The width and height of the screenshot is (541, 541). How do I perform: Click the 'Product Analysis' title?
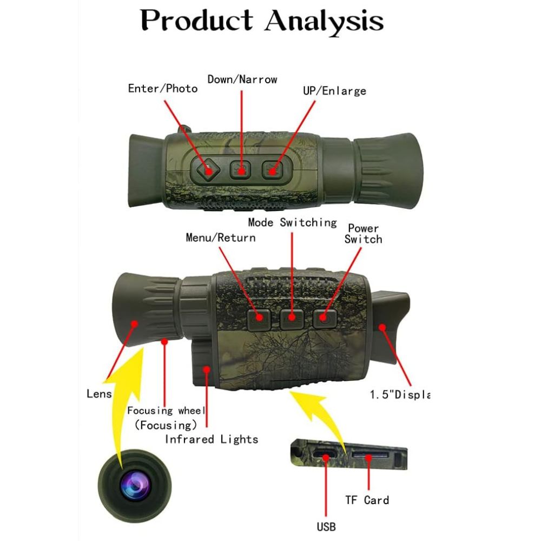click(262, 22)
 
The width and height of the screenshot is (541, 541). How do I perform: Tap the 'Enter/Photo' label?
click(163, 88)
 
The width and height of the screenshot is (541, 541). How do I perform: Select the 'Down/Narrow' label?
click(242, 80)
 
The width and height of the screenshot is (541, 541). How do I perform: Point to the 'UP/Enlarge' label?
click(334, 90)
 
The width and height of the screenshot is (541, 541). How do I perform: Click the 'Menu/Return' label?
click(221, 237)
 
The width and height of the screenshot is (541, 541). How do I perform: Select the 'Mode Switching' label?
click(292, 222)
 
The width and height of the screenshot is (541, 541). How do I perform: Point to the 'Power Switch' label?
click(363, 234)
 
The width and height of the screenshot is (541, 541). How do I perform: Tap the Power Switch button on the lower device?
click(325, 318)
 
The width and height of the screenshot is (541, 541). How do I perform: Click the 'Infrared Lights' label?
click(212, 439)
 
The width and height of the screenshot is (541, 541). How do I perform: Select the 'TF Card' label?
click(367, 500)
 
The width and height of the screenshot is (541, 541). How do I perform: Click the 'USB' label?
click(326, 526)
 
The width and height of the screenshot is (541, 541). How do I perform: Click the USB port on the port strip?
click(326, 456)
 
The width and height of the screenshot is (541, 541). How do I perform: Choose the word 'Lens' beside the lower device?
click(99, 393)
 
